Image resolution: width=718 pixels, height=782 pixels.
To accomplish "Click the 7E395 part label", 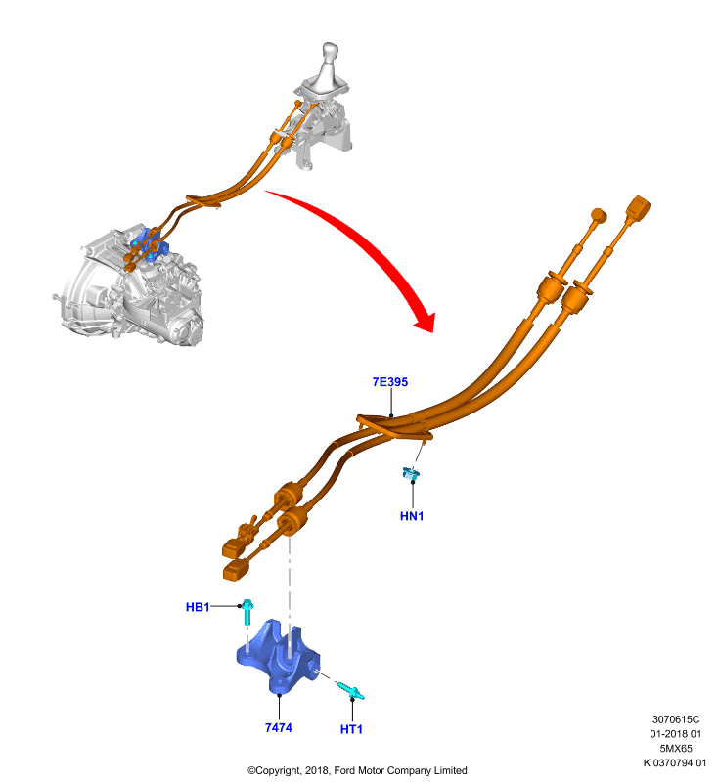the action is tap(389, 382).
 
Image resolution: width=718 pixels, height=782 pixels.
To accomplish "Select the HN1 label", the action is tap(412, 516).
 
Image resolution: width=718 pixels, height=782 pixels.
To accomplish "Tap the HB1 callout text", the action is tap(198, 607).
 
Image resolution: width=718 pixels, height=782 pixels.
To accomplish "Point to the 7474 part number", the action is tap(279, 727).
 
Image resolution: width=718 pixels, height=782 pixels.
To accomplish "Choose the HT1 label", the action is tap(351, 729).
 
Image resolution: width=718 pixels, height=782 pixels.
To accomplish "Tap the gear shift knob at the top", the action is tap(330, 53).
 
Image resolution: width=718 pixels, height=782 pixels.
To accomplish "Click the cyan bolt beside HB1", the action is tap(247, 612).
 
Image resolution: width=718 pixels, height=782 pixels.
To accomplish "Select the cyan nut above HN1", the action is tap(411, 474).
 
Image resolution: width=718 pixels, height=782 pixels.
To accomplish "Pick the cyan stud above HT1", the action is tap(351, 690).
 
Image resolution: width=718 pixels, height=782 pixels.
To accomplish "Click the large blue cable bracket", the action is tap(278, 656).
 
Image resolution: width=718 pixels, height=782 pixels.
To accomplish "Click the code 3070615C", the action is tap(676, 719).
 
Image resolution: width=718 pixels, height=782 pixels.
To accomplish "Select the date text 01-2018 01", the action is tap(676, 734).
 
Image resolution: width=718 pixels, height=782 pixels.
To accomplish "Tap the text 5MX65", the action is tap(676, 748).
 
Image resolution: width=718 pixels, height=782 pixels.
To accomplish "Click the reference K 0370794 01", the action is tap(675, 762).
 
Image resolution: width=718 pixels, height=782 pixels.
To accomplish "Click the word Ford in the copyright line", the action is tap(345, 770).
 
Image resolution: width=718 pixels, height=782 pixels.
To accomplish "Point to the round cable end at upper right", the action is tap(599, 216).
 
